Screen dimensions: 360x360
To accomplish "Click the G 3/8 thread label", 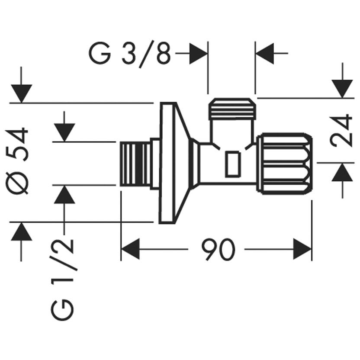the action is point(130,55).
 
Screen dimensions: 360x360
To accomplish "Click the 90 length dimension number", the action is point(218,249).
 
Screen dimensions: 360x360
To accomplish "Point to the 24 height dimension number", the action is point(341,130).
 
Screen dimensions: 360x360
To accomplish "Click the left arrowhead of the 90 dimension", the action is point(130,249).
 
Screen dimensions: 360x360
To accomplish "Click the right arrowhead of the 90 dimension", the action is point(302,249).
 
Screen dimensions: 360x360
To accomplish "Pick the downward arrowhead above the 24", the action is point(342,89).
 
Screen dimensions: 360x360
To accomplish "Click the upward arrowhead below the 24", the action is point(342,172).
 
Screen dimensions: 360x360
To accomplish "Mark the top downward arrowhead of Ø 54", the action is point(21,93).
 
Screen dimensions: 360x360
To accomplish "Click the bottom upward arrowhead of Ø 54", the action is point(21,231).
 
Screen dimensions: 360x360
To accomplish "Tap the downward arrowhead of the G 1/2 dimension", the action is point(64,132).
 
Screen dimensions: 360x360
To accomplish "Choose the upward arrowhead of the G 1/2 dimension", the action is point(64,194).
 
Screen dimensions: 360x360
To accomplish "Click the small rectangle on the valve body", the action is point(233,164).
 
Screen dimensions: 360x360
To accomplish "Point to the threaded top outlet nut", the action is point(232,109).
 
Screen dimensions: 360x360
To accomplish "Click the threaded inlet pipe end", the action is point(135,164).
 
